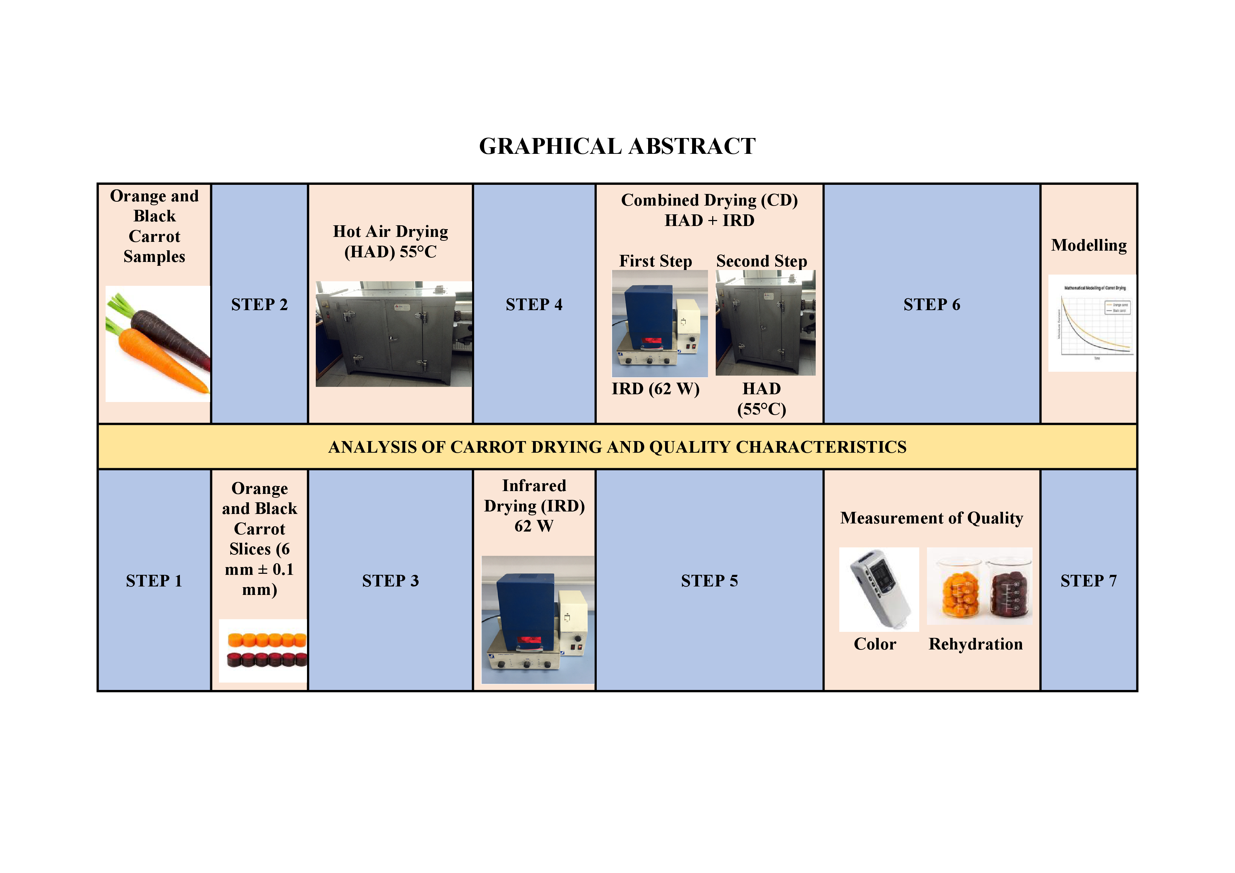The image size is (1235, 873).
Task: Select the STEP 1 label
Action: [x=154, y=581]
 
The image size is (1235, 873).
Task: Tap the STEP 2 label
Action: [x=259, y=304]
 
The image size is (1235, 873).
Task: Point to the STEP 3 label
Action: [x=390, y=581]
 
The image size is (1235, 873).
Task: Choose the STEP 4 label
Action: [x=534, y=304]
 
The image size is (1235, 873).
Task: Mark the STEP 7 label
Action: [x=1088, y=581]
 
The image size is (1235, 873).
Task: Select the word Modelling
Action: [x=1089, y=245]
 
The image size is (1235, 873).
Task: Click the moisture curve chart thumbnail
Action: [x=1092, y=323]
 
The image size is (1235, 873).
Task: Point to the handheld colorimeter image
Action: [x=879, y=589]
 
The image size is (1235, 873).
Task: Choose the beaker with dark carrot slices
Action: [x=1009, y=592]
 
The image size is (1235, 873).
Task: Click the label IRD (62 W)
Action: [x=655, y=389]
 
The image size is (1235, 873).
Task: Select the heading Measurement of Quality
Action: [x=931, y=518]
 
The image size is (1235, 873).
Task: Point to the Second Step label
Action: [x=761, y=262]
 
